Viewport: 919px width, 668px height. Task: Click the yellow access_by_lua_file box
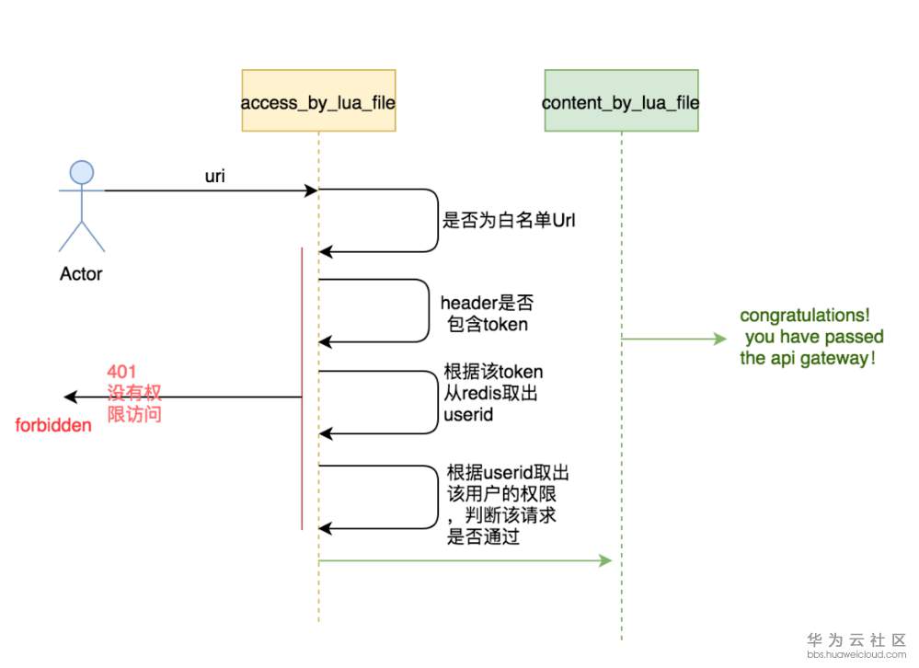coord(318,100)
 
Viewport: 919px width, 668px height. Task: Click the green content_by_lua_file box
coord(621,100)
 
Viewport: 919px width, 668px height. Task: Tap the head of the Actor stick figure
coord(82,171)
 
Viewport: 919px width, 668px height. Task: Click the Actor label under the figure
coord(81,273)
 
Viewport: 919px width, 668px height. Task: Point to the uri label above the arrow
coord(214,177)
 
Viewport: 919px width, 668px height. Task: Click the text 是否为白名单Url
coord(509,221)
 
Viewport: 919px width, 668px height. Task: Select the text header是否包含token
coord(487,313)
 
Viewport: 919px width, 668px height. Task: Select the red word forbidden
coord(53,426)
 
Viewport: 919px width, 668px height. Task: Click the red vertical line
coord(302,386)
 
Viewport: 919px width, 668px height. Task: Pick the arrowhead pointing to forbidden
coord(69,397)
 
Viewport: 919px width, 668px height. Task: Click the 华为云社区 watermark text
coord(856,639)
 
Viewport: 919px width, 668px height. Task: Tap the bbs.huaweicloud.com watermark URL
coord(856,655)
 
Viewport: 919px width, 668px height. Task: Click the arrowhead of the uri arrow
coord(312,190)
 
